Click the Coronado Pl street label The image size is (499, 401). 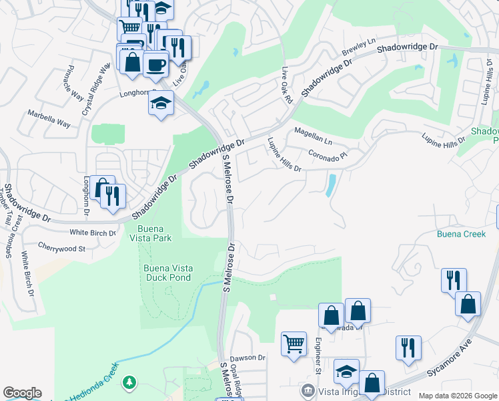click(x=328, y=155)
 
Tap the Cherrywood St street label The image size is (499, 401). click(x=61, y=248)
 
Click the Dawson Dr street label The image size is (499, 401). click(x=247, y=358)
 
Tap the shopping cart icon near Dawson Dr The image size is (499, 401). click(x=294, y=344)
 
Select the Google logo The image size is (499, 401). click(x=22, y=393)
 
